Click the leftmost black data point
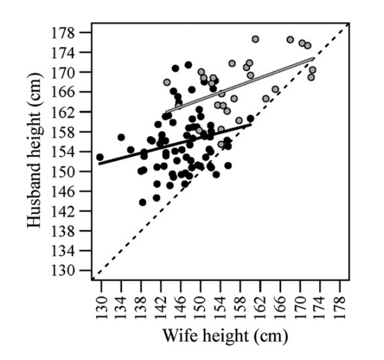pos(100,157)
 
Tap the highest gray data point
pos(255,39)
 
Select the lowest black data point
pos(143,202)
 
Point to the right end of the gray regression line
pos(313,59)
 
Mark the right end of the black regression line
pos(250,125)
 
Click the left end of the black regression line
pos(100,163)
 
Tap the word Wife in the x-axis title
pos(179,335)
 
